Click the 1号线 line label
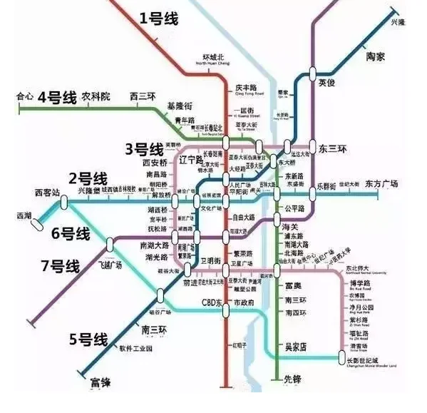tap(162, 19)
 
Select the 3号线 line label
tap(145, 149)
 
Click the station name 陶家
tap(380, 56)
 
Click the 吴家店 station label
tap(294, 347)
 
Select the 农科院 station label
tap(95, 96)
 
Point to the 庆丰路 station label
tap(245, 87)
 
